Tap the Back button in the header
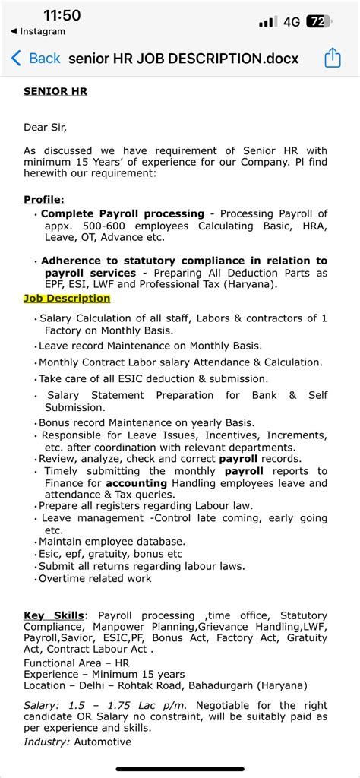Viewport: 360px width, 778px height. [x=36, y=59]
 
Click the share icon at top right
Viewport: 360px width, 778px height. [x=333, y=59]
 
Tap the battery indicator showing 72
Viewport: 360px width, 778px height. [x=319, y=22]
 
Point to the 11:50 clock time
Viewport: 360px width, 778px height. [x=62, y=16]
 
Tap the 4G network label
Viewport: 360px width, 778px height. [x=292, y=22]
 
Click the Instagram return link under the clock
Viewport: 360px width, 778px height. [x=38, y=32]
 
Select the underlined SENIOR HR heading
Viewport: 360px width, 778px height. [x=55, y=92]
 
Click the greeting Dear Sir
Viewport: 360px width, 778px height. [x=50, y=127]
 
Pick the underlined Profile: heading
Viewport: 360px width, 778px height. [x=43, y=199]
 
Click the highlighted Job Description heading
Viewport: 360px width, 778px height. [x=67, y=299]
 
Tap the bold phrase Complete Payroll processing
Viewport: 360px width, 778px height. [x=122, y=213]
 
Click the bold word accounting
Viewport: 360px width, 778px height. [x=136, y=483]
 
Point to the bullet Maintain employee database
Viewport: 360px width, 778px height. [x=112, y=541]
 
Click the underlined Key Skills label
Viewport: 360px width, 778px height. [x=55, y=615]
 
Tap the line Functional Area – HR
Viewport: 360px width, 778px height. [x=76, y=663]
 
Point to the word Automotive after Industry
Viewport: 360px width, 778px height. [x=103, y=742]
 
